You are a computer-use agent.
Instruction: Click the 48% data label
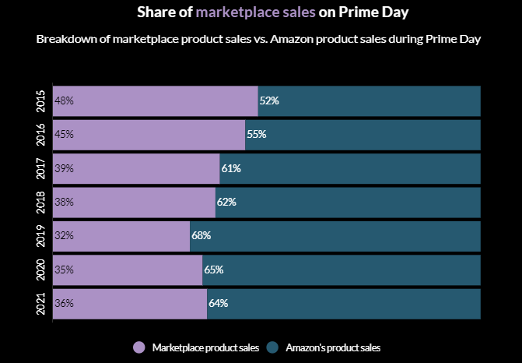64,100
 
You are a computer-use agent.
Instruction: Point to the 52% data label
269,100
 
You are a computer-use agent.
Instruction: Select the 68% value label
201,235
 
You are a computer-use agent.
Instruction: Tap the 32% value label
64,235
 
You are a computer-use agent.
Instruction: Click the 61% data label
231,168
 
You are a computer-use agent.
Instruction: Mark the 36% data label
64,303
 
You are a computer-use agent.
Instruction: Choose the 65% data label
214,270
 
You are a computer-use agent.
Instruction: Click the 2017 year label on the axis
41,168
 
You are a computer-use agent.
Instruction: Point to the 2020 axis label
41,270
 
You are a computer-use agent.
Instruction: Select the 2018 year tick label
41,202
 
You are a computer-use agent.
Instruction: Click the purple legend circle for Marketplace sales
139,347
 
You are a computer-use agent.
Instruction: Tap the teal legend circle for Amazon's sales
273,347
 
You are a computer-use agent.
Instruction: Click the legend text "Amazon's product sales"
333,347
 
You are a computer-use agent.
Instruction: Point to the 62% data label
226,202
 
